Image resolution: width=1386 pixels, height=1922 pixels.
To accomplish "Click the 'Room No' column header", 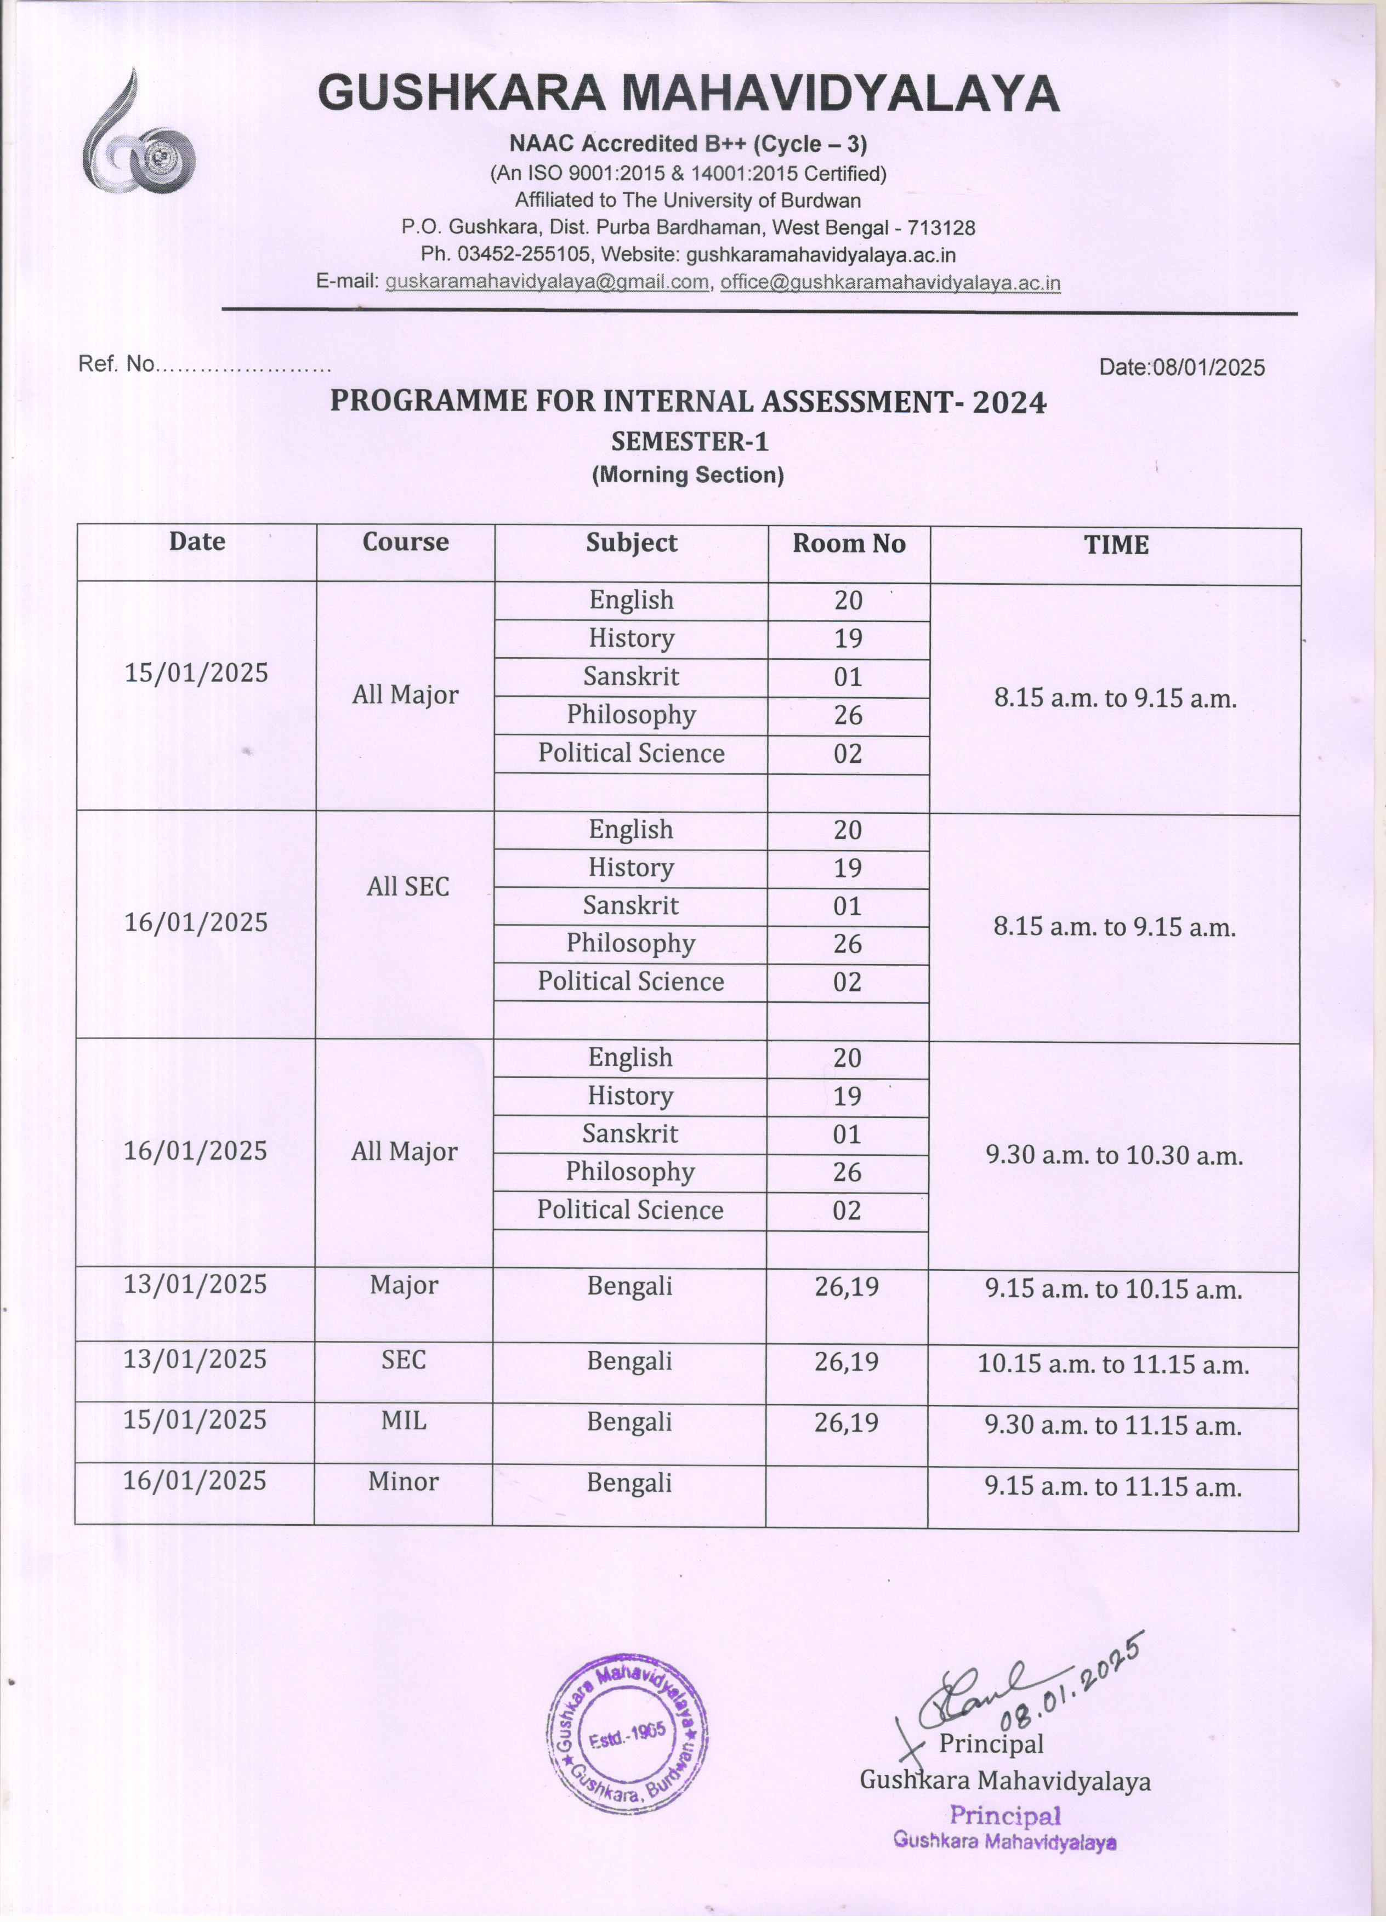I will coord(849,544).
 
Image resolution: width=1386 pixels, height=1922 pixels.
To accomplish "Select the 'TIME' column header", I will coord(1116,545).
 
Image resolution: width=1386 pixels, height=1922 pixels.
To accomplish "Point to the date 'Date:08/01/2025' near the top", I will coord(1181,367).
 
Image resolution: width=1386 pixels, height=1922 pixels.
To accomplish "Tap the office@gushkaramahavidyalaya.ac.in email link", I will coord(890,282).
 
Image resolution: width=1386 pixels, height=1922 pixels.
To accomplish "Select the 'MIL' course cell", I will coord(404,1421).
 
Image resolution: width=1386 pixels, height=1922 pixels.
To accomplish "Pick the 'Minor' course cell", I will coord(404,1482).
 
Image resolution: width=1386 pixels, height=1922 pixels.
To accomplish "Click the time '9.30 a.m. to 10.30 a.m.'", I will coord(1114,1156).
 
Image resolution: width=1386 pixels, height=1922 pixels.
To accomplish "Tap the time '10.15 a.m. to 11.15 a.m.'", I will coord(1113,1365).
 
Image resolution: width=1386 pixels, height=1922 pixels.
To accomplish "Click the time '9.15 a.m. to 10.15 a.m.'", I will coord(1113,1290).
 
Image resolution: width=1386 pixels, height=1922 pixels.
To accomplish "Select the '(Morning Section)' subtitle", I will coord(688,475).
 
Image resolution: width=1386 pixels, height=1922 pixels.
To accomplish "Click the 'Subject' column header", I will coord(632,543).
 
